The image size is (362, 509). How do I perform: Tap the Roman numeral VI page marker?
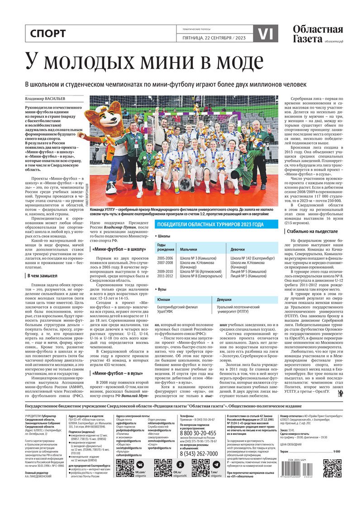(265, 33)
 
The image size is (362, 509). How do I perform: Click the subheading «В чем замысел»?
(43, 276)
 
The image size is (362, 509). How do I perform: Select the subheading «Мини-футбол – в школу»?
(119, 248)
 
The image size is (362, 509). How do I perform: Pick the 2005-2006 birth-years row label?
(165, 258)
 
